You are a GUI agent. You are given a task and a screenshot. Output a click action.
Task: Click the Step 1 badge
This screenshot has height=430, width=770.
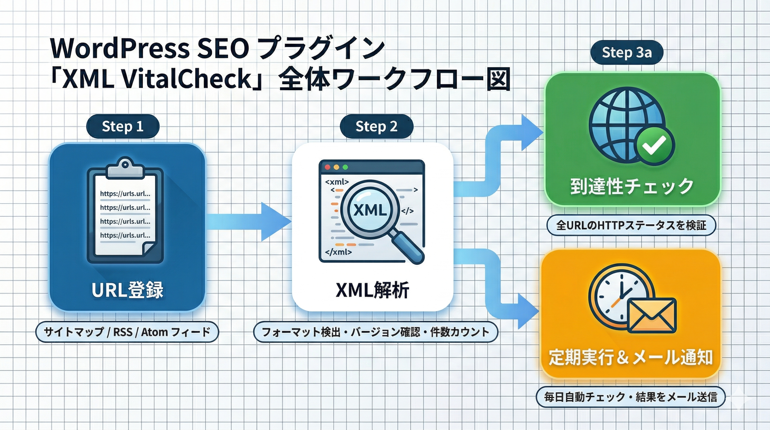click(123, 126)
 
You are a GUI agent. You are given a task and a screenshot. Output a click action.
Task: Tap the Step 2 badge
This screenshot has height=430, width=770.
click(376, 126)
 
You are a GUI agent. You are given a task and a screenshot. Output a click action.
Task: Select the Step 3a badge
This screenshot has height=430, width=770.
click(627, 52)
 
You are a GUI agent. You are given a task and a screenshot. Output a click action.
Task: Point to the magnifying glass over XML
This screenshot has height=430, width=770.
click(371, 211)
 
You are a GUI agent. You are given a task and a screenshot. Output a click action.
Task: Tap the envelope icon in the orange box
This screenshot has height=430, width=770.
click(652, 316)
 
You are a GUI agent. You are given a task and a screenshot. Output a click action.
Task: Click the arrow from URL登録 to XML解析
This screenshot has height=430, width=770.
click(248, 221)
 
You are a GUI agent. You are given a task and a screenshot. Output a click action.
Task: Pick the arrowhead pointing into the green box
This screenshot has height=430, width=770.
click(532, 132)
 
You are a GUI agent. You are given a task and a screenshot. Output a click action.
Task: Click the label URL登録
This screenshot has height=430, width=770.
click(127, 290)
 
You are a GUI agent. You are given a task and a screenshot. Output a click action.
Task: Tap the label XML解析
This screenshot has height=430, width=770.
click(372, 290)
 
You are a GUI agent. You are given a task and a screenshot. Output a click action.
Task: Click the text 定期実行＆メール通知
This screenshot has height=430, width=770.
click(631, 357)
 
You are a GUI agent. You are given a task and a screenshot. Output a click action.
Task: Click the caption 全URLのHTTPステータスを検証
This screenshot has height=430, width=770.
click(631, 225)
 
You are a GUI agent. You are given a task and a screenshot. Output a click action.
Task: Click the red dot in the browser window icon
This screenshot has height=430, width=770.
click(327, 167)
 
